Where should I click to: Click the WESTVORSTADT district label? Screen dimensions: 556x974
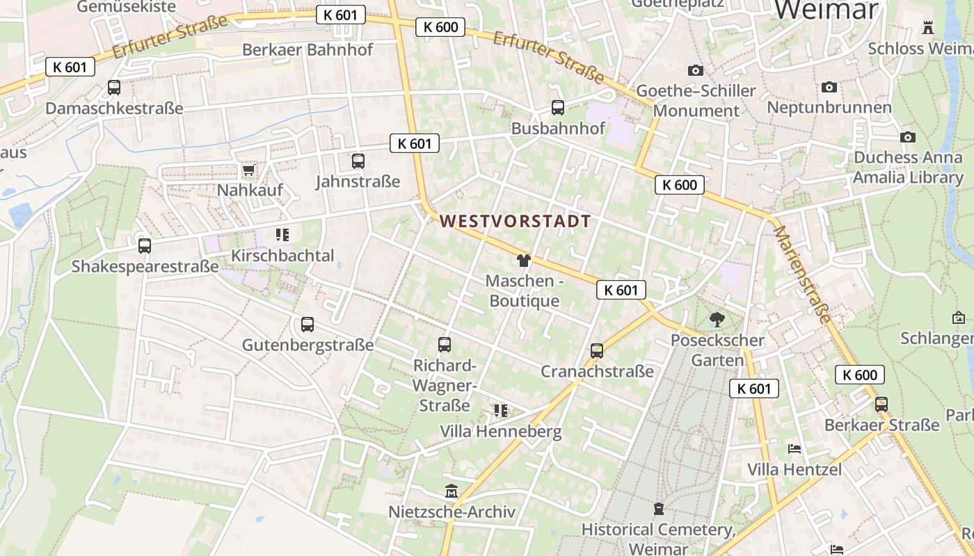(515, 222)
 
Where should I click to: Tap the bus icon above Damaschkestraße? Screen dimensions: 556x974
(114, 88)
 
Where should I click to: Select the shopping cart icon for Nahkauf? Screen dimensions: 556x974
(248, 170)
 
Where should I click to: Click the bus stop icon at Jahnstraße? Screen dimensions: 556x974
(358, 161)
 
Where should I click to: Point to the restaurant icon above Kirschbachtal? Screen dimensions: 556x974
(282, 235)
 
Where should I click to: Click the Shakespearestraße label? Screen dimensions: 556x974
(145, 267)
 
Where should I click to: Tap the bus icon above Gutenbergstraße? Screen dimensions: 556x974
(308, 325)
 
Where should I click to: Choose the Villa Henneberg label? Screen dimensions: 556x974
(500, 432)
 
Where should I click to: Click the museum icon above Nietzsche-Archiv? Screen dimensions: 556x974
(452, 492)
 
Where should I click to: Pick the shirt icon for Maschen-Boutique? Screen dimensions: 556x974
(523, 261)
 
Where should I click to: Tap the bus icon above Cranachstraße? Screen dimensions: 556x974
(597, 351)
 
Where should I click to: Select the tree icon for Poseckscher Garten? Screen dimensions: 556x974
(717, 320)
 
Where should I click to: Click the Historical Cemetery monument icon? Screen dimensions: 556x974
(658, 509)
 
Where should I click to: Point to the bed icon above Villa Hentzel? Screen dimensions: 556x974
(794, 449)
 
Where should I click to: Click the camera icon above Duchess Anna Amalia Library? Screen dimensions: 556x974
(907, 138)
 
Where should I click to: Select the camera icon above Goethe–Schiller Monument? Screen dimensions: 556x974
(695, 70)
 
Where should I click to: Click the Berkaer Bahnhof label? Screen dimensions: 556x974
(307, 50)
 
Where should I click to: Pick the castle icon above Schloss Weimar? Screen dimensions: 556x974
(927, 28)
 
